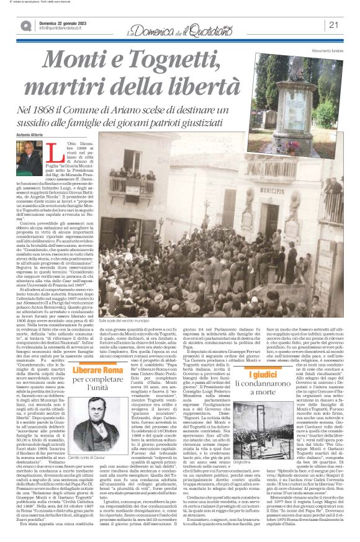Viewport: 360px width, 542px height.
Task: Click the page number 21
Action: pyautogui.click(x=333, y=25)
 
